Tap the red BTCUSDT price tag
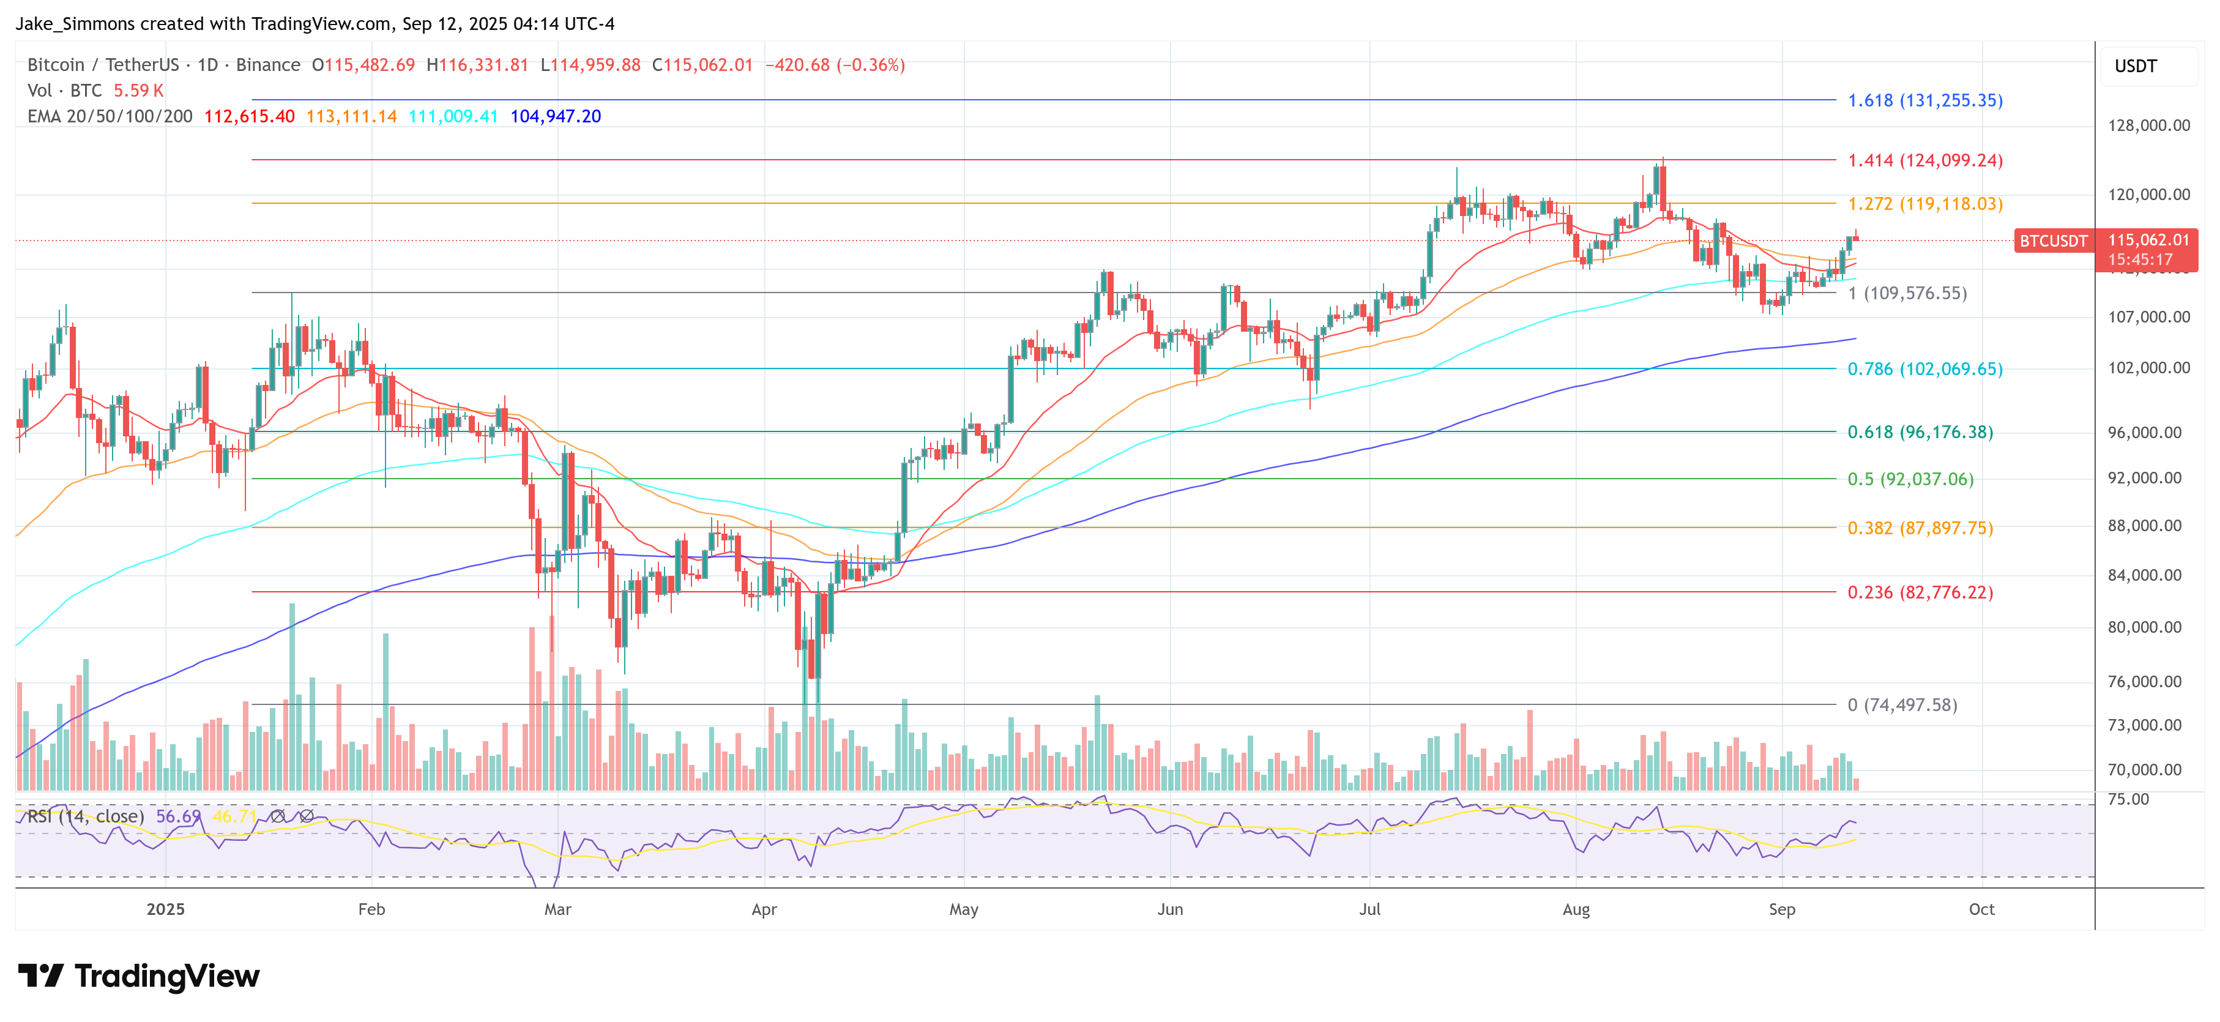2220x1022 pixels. [x=2053, y=241]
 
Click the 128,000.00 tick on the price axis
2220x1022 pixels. [x=2148, y=126]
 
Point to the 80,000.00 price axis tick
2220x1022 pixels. [x=2148, y=627]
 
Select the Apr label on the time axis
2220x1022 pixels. [x=764, y=909]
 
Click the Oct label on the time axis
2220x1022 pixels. [x=1981, y=909]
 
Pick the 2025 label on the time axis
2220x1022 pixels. [x=165, y=909]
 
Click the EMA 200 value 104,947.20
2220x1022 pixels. [x=555, y=116]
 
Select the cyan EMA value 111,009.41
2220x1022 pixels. [x=453, y=116]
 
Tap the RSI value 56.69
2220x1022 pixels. [x=177, y=816]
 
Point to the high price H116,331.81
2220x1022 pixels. [x=477, y=65]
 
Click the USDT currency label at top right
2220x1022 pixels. [x=2136, y=66]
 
